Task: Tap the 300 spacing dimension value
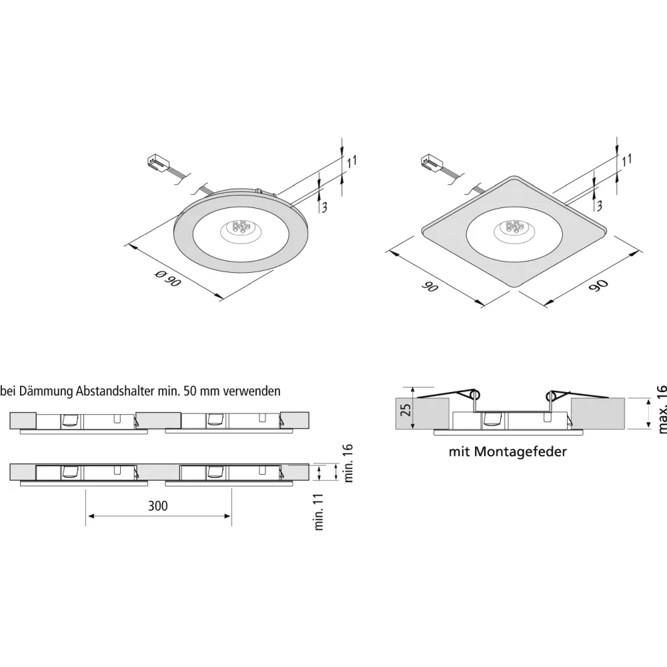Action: [158, 506]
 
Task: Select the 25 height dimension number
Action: [406, 410]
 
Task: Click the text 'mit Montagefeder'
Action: [508, 452]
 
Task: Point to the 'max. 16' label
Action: [662, 409]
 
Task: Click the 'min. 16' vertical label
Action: [348, 463]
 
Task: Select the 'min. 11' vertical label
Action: [319, 512]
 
